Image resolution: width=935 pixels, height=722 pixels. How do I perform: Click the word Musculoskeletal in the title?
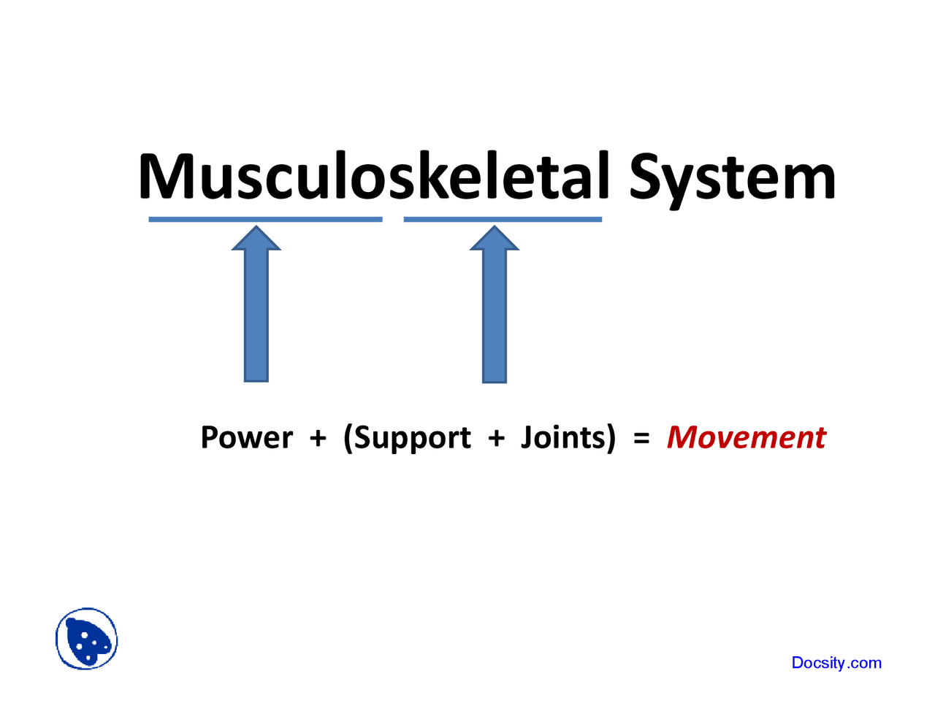pyautogui.click(x=373, y=177)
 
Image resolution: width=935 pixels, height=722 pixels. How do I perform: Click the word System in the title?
pyautogui.click(x=732, y=177)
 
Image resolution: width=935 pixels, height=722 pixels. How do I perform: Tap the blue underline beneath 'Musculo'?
pyautogui.click(x=265, y=219)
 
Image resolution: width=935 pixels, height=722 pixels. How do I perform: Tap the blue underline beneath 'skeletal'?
pyautogui.click(x=503, y=219)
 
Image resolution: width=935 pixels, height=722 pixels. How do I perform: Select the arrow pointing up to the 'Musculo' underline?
pyautogui.click(x=256, y=314)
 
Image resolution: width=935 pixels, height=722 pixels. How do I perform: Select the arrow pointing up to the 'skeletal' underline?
pyautogui.click(x=495, y=314)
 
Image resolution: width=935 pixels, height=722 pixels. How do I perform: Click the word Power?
pyautogui.click(x=246, y=437)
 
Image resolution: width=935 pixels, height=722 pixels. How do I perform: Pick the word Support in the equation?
pyautogui.click(x=412, y=438)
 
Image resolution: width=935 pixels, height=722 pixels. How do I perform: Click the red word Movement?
pyautogui.click(x=746, y=437)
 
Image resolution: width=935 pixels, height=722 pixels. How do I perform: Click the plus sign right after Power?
pyautogui.click(x=318, y=438)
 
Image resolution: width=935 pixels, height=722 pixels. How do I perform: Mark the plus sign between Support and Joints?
pyautogui.click(x=496, y=438)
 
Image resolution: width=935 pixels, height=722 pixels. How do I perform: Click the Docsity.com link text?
pyautogui.click(x=836, y=663)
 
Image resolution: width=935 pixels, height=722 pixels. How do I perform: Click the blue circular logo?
pyautogui.click(x=87, y=639)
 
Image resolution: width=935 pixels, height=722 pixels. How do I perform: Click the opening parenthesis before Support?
pyautogui.click(x=348, y=438)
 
